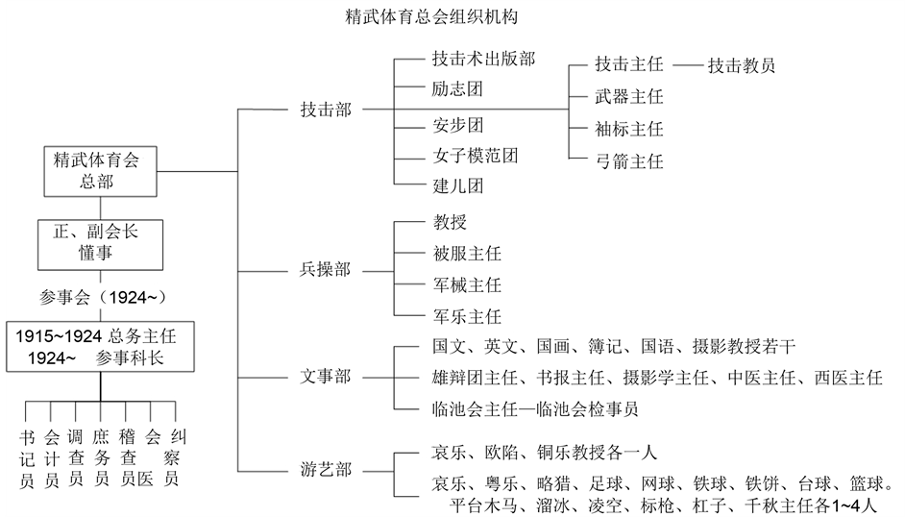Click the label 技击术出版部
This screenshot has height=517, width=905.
[x=483, y=60]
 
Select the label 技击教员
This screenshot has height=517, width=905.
[x=742, y=66]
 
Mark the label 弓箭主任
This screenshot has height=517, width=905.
[x=629, y=161]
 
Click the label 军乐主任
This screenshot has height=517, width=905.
[x=467, y=316]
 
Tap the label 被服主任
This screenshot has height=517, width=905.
[x=467, y=254]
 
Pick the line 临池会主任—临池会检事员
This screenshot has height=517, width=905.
[x=536, y=409]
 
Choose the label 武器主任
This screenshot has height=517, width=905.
[x=629, y=97]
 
